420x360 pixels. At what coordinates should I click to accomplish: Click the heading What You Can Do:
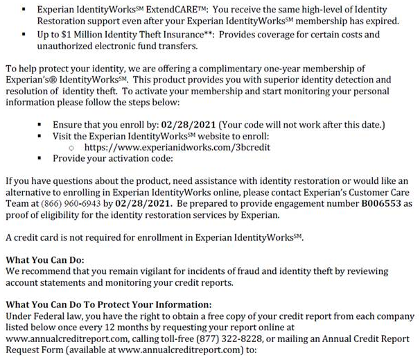pyautogui.click(x=44, y=259)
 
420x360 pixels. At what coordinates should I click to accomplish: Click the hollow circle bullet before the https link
pyautogui.click(x=72, y=148)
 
